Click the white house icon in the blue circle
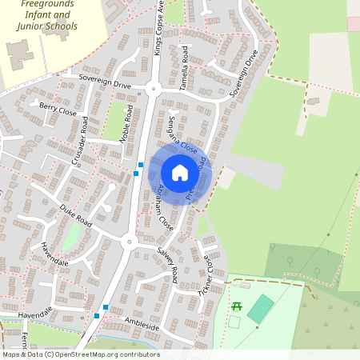tap(180, 172)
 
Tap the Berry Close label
tap(58, 110)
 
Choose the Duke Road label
tap(76, 214)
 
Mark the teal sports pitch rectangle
tap(260, 309)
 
